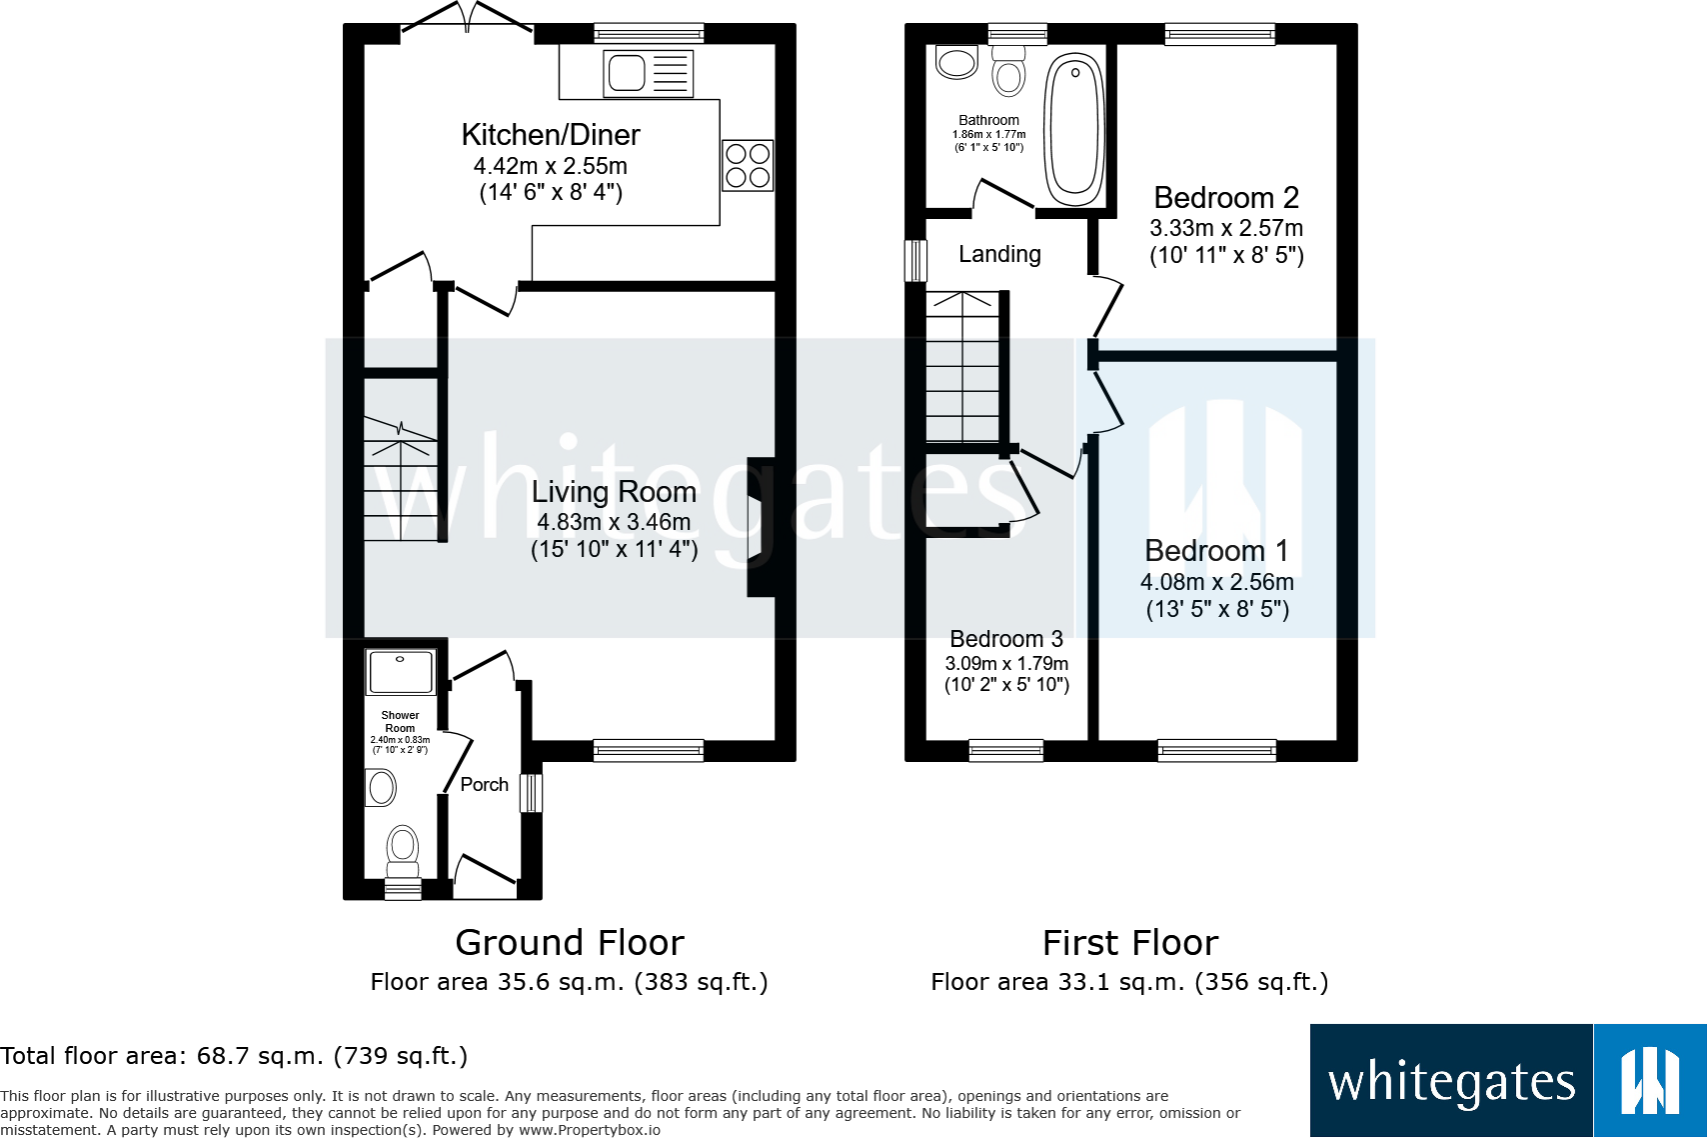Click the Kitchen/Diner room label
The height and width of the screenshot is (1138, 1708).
point(551,135)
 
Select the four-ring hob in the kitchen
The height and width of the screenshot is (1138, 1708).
point(748,165)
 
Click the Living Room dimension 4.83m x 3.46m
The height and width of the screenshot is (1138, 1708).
point(614,522)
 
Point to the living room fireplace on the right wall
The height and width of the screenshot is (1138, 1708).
point(762,527)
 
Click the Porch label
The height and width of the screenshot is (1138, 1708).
point(484,785)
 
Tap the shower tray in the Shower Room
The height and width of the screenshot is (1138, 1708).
point(400,672)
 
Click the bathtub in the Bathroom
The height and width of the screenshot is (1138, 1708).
point(1074,128)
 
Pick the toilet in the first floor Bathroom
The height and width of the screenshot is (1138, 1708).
point(1009,73)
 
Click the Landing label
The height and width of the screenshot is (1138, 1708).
point(999,254)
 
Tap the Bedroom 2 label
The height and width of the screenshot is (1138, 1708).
point(1226,197)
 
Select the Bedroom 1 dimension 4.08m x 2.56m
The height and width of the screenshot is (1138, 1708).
point(1217,582)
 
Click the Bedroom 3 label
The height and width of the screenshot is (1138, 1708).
point(1005,639)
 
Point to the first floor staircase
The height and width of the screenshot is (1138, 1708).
point(962,367)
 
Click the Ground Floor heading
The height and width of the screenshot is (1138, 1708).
point(570,943)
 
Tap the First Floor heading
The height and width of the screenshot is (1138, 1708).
point(1130,943)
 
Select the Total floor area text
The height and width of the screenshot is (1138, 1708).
point(234,1056)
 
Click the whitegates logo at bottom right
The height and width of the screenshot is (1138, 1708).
point(1507,1080)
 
